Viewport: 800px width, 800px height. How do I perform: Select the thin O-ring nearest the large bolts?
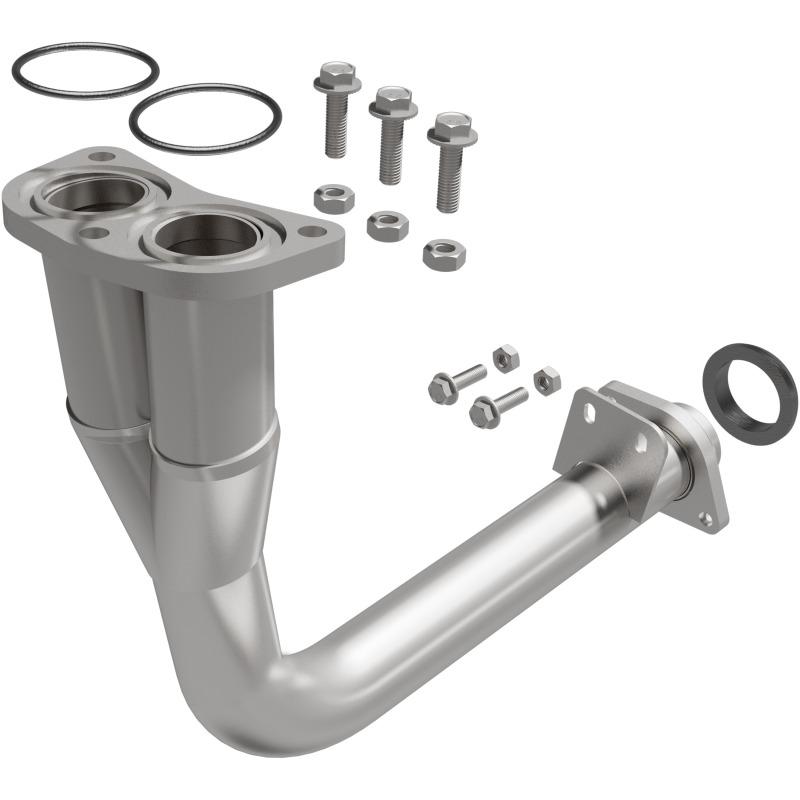pyautogui.click(x=204, y=97)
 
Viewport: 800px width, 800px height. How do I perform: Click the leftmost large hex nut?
pyautogui.click(x=333, y=197)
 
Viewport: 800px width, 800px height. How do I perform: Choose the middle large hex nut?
pyautogui.click(x=387, y=225)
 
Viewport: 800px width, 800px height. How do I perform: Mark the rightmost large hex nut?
pyautogui.click(x=443, y=254)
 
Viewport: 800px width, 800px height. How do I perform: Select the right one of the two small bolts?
pyautogui.click(x=497, y=404)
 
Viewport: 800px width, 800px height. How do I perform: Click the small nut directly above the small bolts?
pyautogui.click(x=506, y=357)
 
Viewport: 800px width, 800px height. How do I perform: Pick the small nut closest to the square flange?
pyautogui.click(x=546, y=380)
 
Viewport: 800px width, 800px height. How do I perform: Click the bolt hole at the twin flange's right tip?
pyautogui.click(x=314, y=231)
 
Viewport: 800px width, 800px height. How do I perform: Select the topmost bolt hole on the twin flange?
pyautogui.click(x=101, y=157)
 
